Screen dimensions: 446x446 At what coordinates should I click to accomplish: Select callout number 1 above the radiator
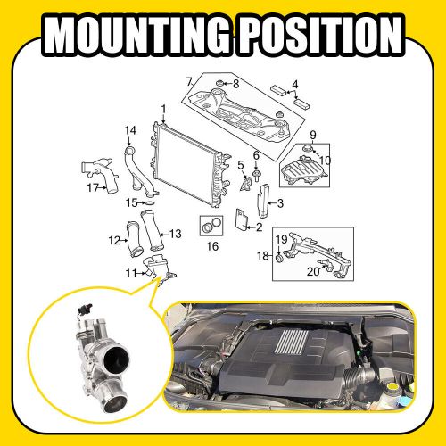(163, 109)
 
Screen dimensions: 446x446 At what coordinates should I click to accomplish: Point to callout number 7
(189, 82)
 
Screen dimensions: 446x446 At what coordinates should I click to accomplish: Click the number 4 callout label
(295, 86)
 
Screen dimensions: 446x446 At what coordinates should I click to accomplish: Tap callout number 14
(130, 131)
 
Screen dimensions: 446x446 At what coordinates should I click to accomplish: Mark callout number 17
(92, 188)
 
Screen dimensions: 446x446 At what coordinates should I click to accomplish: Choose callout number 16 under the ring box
(211, 245)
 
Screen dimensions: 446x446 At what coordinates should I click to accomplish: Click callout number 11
(129, 272)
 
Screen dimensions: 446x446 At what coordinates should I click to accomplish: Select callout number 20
(313, 271)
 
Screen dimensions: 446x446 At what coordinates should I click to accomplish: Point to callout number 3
(280, 204)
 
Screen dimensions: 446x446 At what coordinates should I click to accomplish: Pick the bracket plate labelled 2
(242, 220)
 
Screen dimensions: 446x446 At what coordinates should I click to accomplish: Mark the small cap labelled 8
(217, 83)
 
